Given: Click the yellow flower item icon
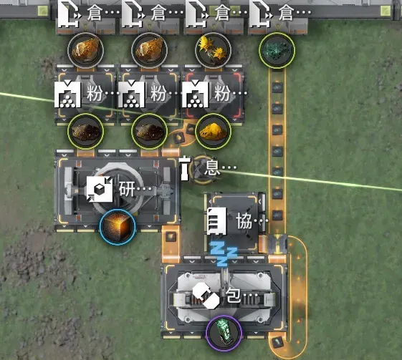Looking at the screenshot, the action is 214,50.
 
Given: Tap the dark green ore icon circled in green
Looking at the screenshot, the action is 277,50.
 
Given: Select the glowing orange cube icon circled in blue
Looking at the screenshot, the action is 118,227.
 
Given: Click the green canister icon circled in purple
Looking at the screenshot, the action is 224,333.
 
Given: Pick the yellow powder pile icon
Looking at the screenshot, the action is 214,132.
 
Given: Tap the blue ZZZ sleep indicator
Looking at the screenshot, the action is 224,254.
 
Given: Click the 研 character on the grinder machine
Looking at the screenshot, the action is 127,189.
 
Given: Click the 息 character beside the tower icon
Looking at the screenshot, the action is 212,167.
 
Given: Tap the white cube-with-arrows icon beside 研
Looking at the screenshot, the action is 100,189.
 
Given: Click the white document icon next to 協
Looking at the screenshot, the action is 217,221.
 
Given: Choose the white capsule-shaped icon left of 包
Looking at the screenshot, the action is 206,296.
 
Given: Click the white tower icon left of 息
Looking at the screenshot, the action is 185,168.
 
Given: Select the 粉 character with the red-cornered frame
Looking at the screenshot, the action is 222,93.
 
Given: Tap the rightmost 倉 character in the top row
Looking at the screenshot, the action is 286,13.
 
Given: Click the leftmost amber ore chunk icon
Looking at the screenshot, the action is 85,50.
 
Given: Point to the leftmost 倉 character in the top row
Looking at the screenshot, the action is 95,13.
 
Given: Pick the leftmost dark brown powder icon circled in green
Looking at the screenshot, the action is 85,132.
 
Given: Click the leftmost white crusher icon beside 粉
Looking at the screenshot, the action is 67,94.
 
